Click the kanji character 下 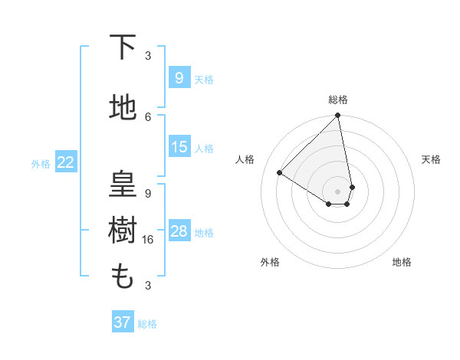123,49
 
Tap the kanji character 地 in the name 123,109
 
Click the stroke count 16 148,239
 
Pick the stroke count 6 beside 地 148,116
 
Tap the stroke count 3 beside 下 148,56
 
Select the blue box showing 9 179,77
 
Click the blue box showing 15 179,147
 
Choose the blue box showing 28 179,231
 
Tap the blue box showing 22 65,162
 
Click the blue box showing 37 122,322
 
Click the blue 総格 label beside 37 147,324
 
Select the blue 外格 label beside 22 41,163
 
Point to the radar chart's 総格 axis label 338,100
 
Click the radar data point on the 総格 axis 338,116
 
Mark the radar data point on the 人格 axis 280,173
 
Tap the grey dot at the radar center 338,190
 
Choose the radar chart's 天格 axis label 431,159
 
